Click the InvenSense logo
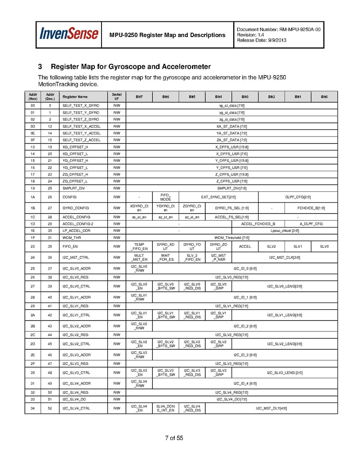tap(68, 34)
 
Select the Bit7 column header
tap(139, 96)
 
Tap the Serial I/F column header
tap(117, 96)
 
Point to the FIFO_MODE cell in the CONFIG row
tap(166, 197)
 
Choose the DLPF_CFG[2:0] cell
tap(298, 197)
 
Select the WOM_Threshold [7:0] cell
tap(232, 238)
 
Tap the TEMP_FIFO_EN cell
tap(139, 247)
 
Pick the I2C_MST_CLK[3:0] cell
tap(285, 258)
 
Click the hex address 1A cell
tap(33, 197)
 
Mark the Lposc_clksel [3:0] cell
tap(285, 231)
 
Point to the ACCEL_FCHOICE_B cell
tap(258, 224)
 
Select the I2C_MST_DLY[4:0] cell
tap(271, 408)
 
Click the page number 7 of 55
tap(174, 438)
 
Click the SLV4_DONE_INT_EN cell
tap(166, 408)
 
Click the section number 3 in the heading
tap(40, 67)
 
